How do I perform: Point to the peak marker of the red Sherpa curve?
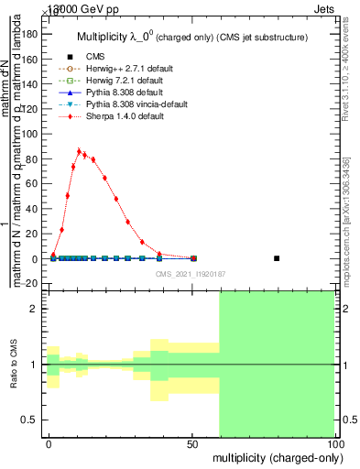79,151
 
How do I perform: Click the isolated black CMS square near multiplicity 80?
277,258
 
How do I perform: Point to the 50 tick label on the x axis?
193,442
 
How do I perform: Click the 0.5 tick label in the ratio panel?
29,420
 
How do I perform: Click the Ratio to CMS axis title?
14,365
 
